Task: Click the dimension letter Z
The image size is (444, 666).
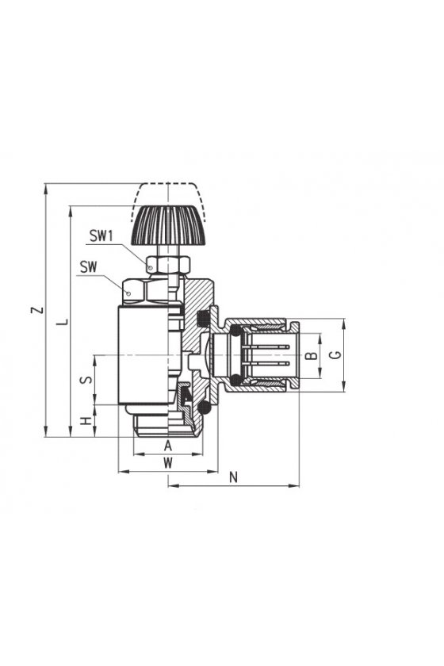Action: (38, 309)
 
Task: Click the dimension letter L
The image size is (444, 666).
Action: (63, 322)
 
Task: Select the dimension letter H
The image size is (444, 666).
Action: (86, 420)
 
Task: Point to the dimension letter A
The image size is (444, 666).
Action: (168, 446)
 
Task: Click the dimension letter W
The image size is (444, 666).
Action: (168, 462)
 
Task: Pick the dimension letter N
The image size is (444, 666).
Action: (233, 477)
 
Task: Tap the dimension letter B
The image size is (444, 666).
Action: (312, 355)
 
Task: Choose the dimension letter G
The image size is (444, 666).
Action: (335, 354)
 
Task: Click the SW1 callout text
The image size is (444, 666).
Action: (101, 235)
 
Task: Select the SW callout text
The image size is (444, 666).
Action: (88, 267)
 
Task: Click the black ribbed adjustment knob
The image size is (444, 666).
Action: (168, 225)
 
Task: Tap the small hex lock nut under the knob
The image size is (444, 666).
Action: (168, 265)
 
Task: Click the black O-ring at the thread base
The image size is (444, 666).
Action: (205, 408)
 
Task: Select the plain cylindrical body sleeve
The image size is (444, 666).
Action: (144, 354)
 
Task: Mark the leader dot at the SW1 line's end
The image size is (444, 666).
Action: (150, 267)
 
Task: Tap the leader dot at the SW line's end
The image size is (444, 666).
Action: (128, 293)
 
